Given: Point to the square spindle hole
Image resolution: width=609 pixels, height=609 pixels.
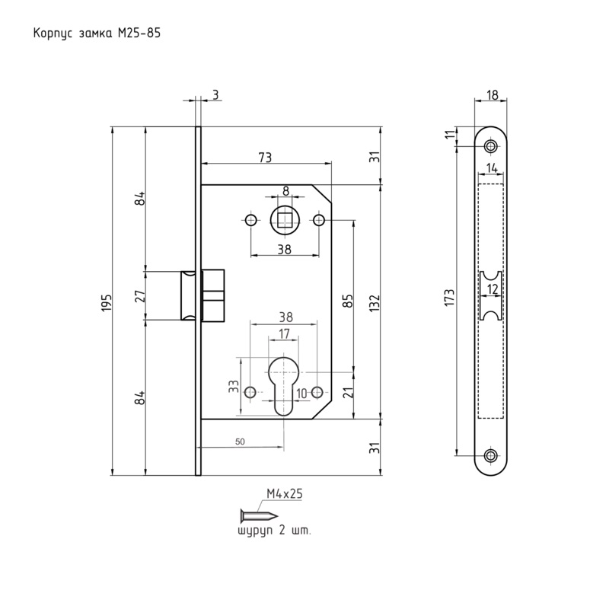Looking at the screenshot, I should point(284,221).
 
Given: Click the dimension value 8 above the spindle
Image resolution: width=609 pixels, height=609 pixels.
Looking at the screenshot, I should point(285,191).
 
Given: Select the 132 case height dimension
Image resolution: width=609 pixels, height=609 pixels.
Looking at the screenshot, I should point(374,300).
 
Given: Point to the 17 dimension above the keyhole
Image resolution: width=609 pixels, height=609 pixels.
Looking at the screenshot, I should point(283,333).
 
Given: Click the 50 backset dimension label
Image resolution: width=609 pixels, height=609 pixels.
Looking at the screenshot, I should point(240,442).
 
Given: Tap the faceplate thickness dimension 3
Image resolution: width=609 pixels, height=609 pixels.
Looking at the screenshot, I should point(215,94).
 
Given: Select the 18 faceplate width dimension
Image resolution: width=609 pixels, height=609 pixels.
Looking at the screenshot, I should point(492,95).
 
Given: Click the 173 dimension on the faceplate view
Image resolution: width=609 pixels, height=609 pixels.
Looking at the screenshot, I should point(450,298).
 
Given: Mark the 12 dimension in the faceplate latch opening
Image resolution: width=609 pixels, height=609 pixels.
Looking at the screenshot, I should point(492,289).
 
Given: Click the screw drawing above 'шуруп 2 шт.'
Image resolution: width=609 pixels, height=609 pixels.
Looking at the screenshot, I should point(253,515).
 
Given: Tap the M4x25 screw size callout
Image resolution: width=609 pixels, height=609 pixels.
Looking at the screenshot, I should point(285,494).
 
